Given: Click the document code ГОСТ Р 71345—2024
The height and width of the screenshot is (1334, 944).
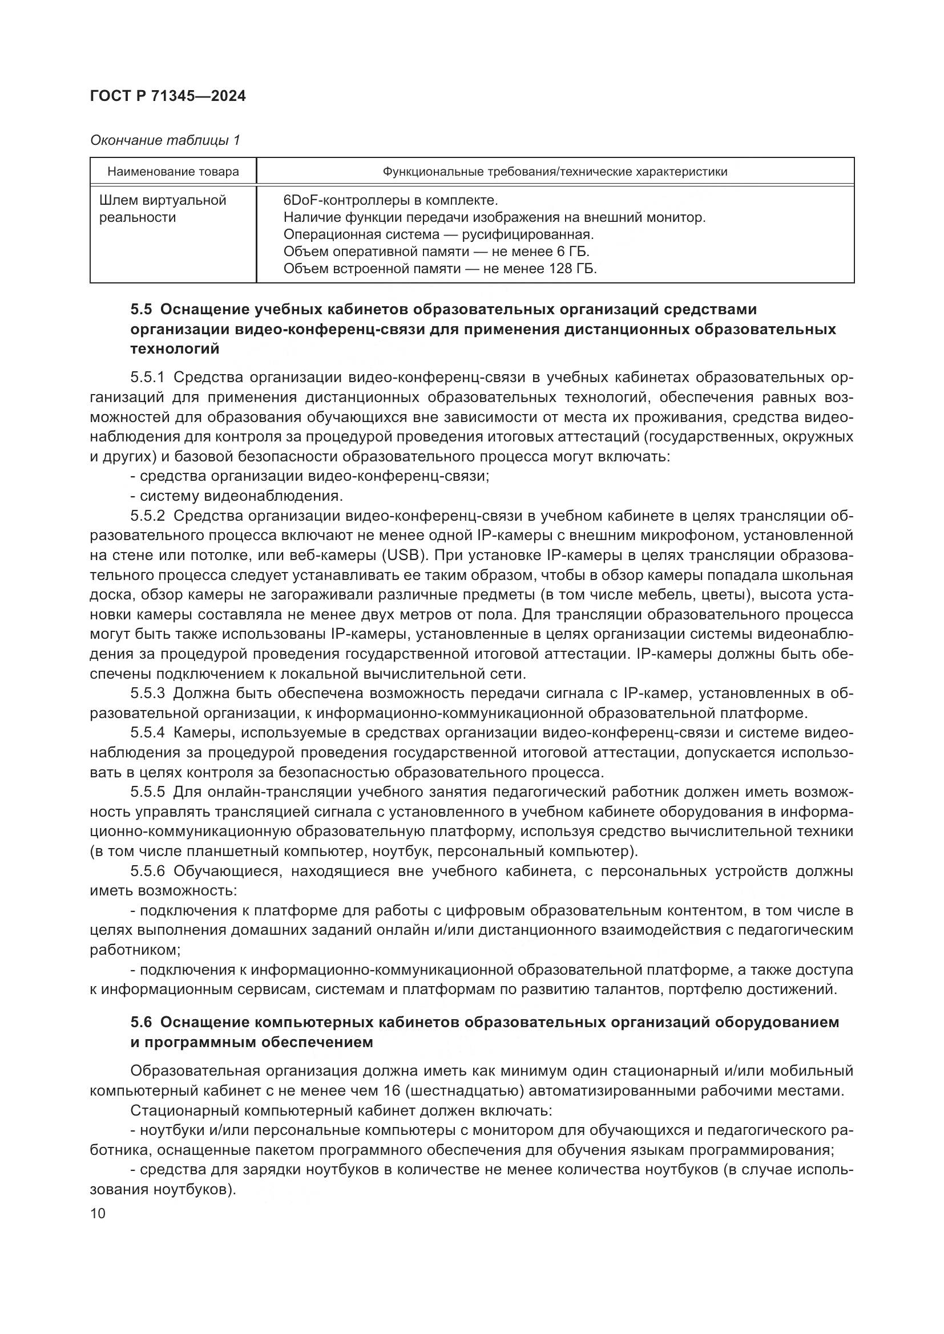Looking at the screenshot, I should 168,96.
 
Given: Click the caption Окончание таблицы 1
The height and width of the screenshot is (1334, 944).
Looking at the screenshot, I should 165,141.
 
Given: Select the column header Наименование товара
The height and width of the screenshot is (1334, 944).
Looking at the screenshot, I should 174,172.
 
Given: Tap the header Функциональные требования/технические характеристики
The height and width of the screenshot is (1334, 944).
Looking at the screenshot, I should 555,172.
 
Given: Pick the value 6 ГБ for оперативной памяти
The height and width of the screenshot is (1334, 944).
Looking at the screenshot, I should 572,252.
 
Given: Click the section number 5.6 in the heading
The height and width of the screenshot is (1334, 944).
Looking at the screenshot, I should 141,1023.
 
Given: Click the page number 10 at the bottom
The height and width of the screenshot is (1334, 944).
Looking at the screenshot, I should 98,1214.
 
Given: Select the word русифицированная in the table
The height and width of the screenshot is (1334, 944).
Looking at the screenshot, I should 527,235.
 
